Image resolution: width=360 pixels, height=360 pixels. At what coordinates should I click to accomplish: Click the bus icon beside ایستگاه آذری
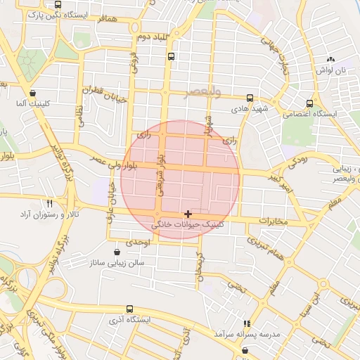129,309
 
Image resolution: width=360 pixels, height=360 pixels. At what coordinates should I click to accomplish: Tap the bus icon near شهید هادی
250,98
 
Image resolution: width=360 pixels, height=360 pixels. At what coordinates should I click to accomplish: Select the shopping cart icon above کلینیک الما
33,92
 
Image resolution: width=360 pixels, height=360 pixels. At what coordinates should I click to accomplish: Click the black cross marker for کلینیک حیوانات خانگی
188,213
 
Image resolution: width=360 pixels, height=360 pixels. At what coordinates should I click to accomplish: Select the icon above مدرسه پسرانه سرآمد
246,322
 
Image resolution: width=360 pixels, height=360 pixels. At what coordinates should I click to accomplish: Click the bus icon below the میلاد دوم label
172,56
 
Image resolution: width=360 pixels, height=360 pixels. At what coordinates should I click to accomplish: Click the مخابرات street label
274,221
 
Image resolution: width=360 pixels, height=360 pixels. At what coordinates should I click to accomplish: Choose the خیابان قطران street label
104,95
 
